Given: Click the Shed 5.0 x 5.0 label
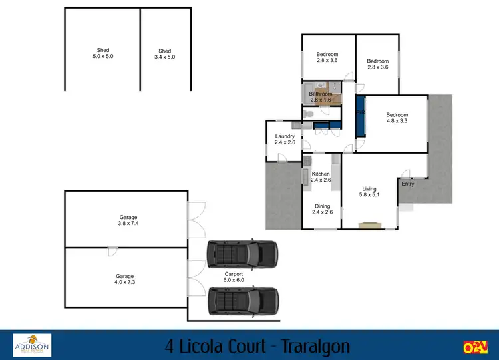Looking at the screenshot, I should click(102, 54).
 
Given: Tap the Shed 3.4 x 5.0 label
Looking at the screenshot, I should click(165, 54).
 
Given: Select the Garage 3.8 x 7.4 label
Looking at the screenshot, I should click(128, 220).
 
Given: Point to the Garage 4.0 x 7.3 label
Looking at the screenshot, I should click(125, 279).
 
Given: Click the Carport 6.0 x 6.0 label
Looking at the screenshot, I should click(234, 277).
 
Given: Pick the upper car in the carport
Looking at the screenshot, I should click(242, 254).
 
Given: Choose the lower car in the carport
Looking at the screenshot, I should click(242, 300).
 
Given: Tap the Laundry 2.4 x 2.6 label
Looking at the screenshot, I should click(285, 140).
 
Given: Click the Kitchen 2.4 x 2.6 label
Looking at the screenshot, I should click(321, 176).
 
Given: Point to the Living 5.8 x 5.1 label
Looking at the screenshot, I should click(369, 192).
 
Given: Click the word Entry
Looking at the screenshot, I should click(407, 184).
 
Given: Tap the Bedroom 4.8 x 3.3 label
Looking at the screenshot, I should click(397, 118).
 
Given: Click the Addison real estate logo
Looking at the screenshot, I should click(32, 345).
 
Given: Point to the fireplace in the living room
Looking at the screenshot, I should click(367, 226).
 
